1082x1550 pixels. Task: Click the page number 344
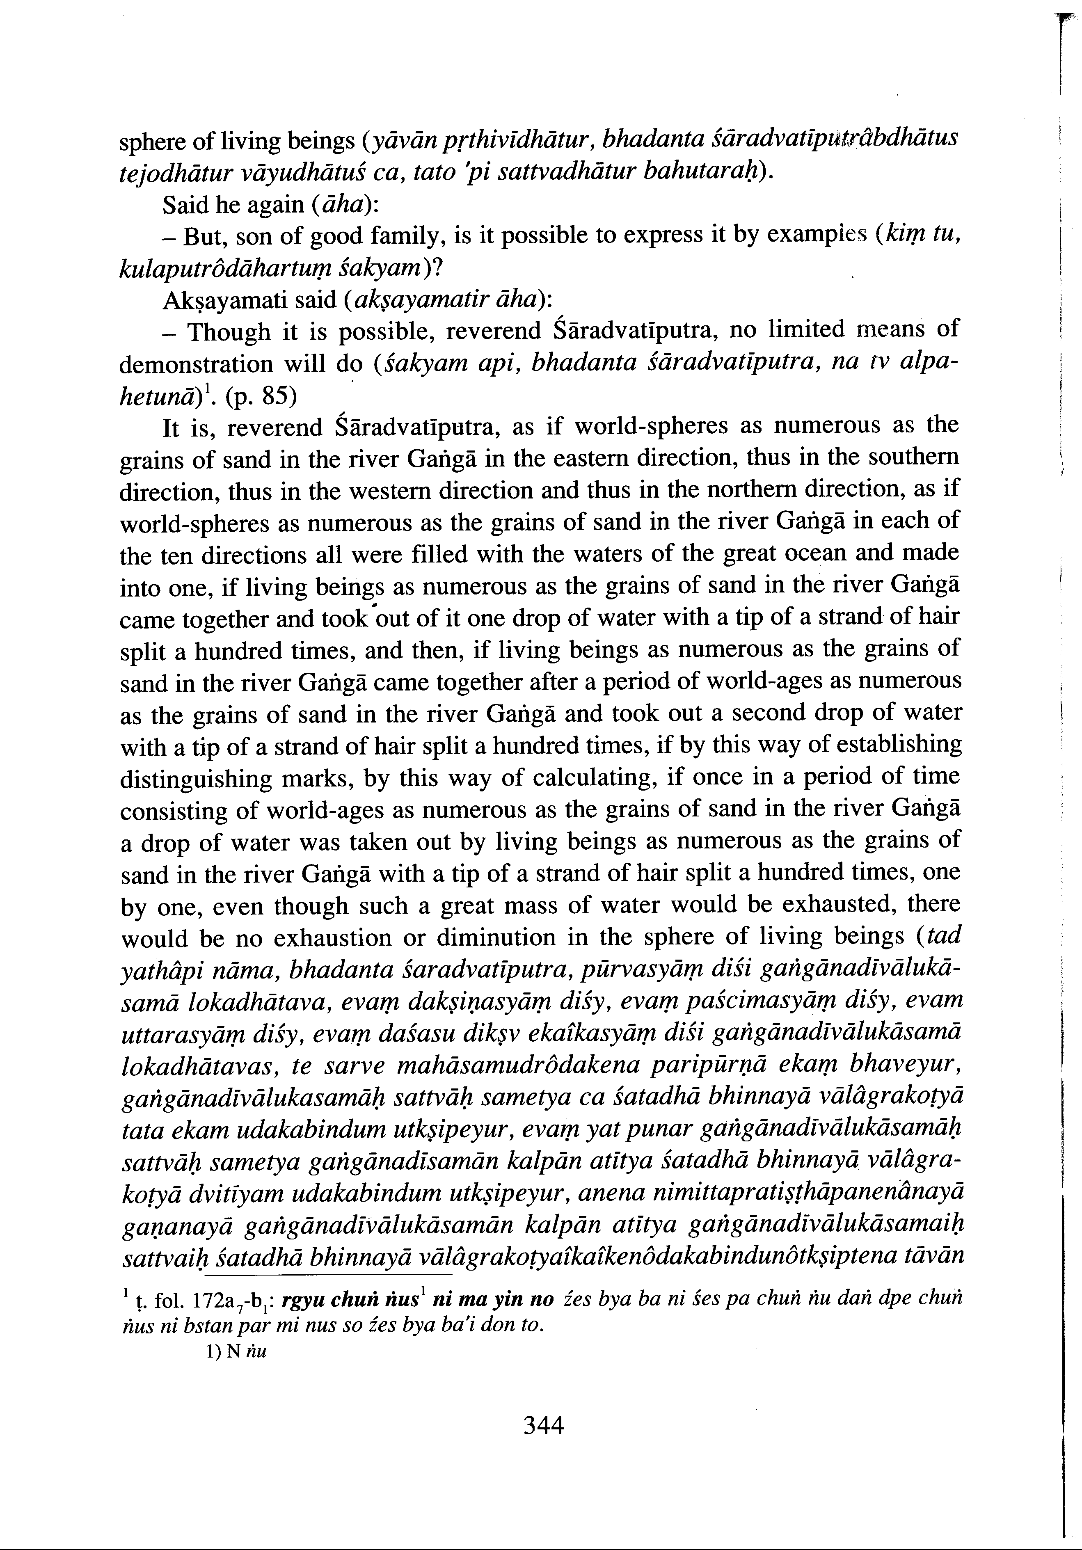[543, 1425]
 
